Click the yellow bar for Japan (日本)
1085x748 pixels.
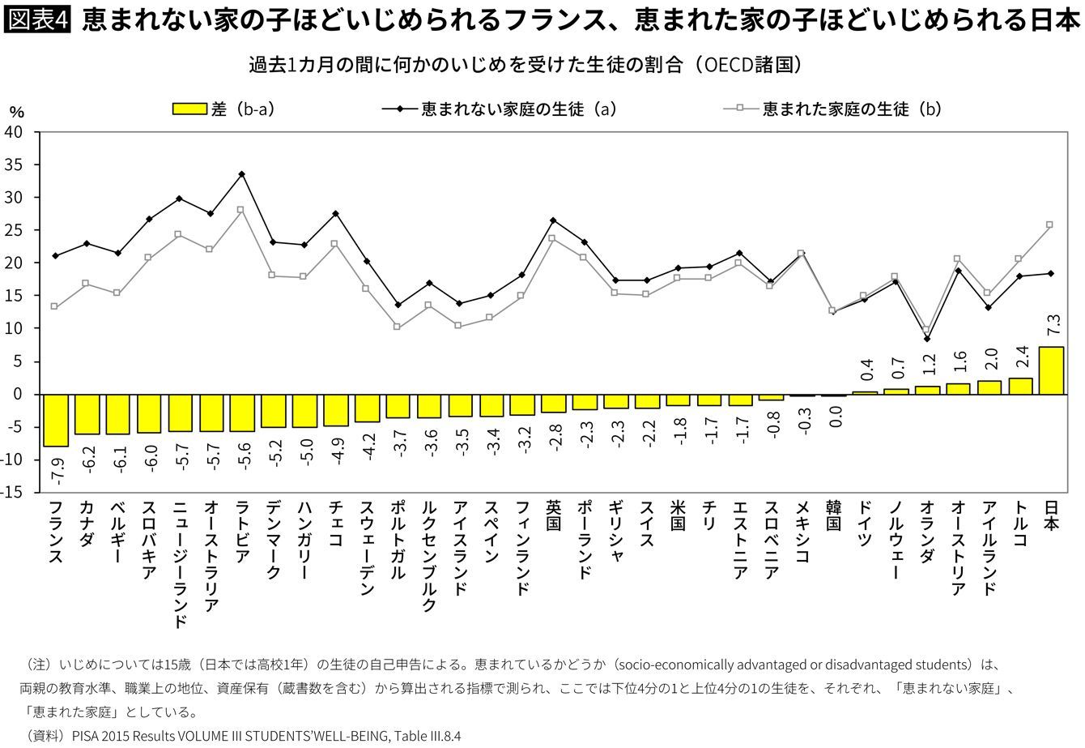point(1050,370)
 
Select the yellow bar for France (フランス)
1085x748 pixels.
point(55,420)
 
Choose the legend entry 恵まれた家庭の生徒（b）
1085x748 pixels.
point(834,109)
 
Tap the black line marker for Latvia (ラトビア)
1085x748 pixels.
point(241,174)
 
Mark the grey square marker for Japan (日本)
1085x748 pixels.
point(1050,224)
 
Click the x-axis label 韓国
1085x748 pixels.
point(833,516)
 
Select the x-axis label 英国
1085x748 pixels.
point(554,516)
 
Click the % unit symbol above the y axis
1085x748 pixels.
point(17,113)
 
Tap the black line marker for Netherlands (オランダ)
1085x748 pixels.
point(926,339)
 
